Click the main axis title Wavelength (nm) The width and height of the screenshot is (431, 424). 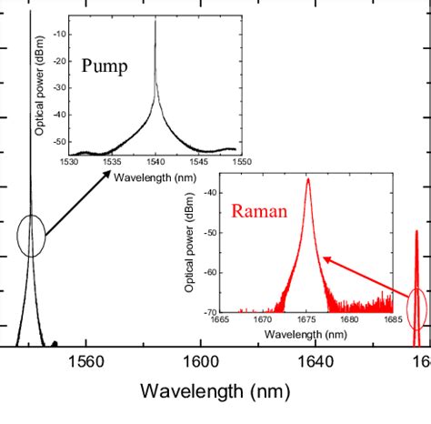(x=215, y=393)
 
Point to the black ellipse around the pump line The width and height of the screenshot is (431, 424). (x=32, y=236)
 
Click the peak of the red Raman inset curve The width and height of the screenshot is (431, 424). (x=307, y=179)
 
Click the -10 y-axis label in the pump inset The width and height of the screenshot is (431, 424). (x=60, y=34)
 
